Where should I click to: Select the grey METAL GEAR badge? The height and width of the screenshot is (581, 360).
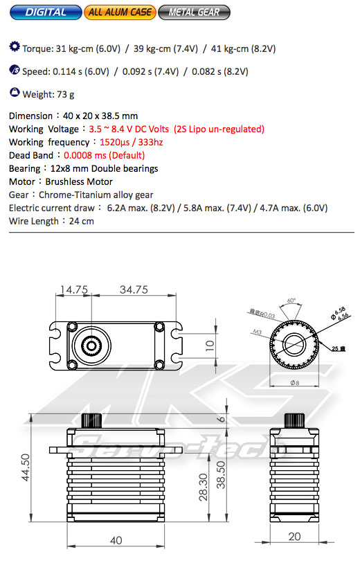coord(195,12)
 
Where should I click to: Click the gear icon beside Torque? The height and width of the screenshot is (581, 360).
coord(15,48)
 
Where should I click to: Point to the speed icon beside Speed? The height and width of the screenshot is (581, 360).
coord(15,70)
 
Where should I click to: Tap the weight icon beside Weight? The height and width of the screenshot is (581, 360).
coord(15,92)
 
